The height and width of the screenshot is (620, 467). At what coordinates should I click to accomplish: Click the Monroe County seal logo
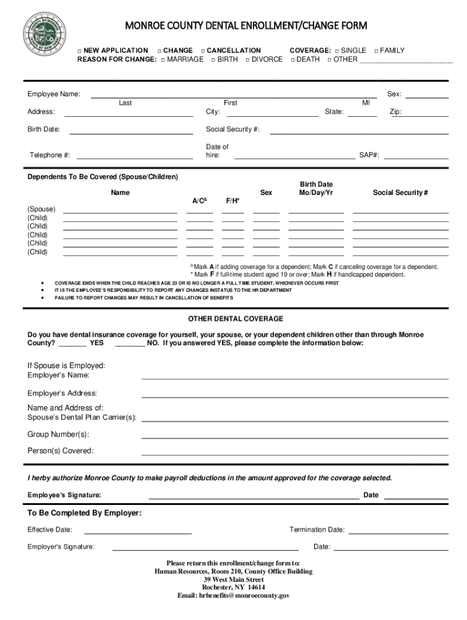click(x=44, y=35)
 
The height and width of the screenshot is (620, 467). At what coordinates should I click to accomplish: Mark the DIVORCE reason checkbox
click(x=247, y=60)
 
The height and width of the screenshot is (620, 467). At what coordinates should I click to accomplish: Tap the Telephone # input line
click(x=135, y=156)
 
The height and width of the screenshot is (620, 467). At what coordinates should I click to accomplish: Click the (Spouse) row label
click(x=41, y=209)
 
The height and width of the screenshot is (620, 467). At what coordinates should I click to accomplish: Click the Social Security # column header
click(x=400, y=193)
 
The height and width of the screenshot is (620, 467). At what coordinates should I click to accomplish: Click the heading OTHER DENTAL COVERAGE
click(x=235, y=318)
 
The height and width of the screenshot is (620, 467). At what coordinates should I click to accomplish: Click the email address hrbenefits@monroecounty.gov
click(x=233, y=596)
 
